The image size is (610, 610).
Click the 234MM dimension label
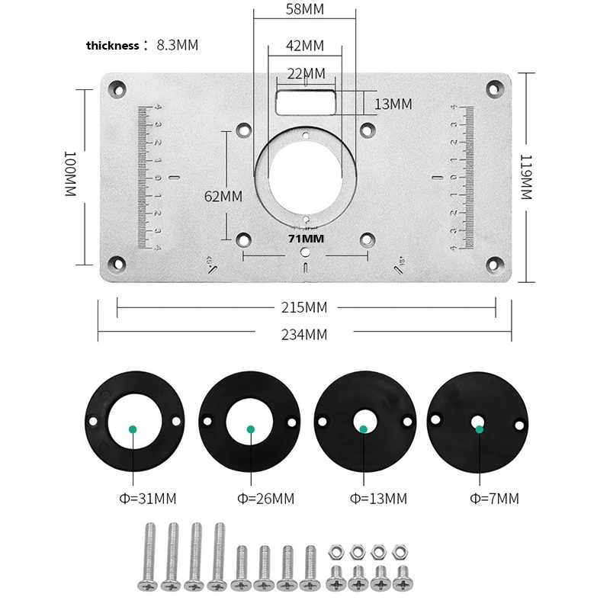[303, 334]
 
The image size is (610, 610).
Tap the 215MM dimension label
[303, 308]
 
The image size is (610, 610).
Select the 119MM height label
[525, 176]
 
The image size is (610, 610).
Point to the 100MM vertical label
[69, 175]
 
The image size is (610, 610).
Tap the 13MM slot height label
[393, 104]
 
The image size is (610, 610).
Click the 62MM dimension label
[223, 196]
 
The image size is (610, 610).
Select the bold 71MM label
[305, 239]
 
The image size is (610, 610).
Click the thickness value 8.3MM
[177, 45]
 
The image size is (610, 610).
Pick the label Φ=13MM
[378, 499]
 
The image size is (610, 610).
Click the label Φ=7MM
[495, 499]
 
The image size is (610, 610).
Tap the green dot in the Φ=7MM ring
[479, 429]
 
